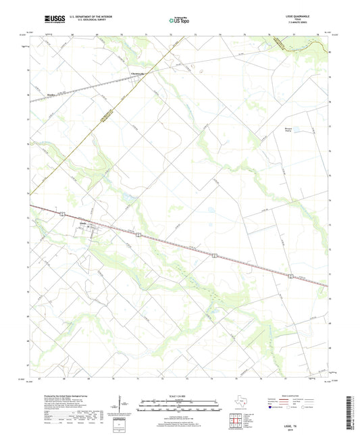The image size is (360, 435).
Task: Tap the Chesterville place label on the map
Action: tap(138, 74)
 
